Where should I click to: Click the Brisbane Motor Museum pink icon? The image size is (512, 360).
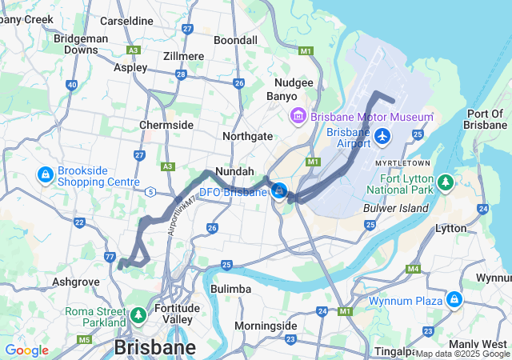pyautogui.click(x=298, y=117)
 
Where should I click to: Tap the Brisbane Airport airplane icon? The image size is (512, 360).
pyautogui.click(x=382, y=137)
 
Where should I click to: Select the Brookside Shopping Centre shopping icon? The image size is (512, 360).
pyautogui.click(x=45, y=174)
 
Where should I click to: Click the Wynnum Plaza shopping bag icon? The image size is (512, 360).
pyautogui.click(x=454, y=299)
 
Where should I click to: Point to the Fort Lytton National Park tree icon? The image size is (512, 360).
pyautogui.click(x=446, y=185)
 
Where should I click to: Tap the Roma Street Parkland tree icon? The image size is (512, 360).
pyautogui.click(x=139, y=315)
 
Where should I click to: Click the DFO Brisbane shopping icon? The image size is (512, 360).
pyautogui.click(x=279, y=190)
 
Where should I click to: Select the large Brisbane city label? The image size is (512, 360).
pyautogui.click(x=154, y=348)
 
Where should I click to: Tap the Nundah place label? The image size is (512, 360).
pyautogui.click(x=234, y=171)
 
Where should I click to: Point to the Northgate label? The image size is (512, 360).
pyautogui.click(x=247, y=136)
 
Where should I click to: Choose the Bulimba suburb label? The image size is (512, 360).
pyautogui.click(x=230, y=288)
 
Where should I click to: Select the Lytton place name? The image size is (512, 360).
pyautogui.click(x=450, y=228)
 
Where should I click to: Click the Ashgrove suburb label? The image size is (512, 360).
pyautogui.click(x=75, y=282)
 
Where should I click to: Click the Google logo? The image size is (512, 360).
pyautogui.click(x=26, y=350)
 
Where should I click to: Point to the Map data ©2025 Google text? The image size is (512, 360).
pyautogui.click(x=462, y=354)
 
